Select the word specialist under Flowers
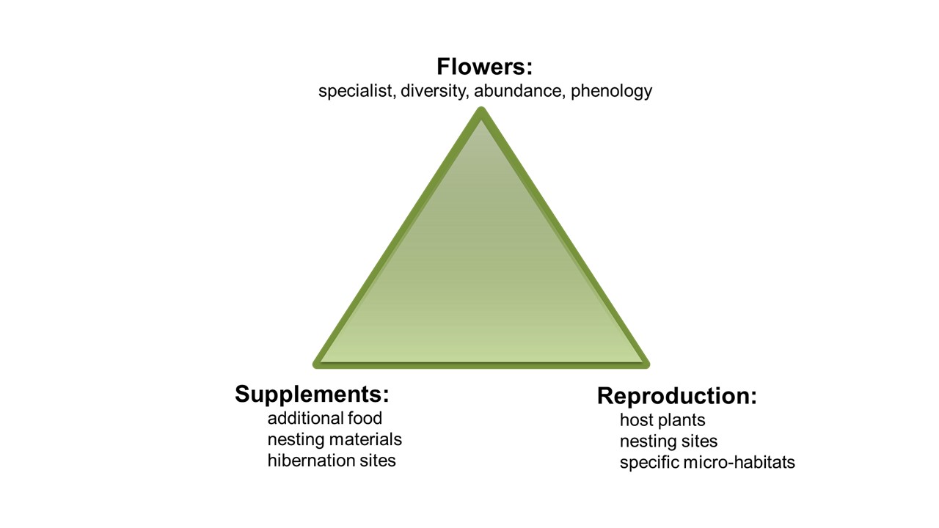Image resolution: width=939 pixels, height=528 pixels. click(x=357, y=91)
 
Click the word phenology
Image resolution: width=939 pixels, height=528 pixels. click(x=611, y=91)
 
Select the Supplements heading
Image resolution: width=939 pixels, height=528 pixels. click(x=312, y=395)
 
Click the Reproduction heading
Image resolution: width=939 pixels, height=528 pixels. click(x=676, y=396)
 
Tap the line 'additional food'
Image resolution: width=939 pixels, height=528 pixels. click(x=325, y=418)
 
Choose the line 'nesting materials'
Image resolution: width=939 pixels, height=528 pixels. click(x=335, y=439)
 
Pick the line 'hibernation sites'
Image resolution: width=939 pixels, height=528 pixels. click(x=332, y=461)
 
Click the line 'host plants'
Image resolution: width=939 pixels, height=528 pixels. click(x=662, y=420)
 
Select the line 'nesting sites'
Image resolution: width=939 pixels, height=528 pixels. click(x=668, y=441)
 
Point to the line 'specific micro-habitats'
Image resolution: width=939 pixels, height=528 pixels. click(x=707, y=463)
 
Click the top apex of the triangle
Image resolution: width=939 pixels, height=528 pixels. click(x=481, y=112)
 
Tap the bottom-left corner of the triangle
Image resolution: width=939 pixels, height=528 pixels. click(x=318, y=362)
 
